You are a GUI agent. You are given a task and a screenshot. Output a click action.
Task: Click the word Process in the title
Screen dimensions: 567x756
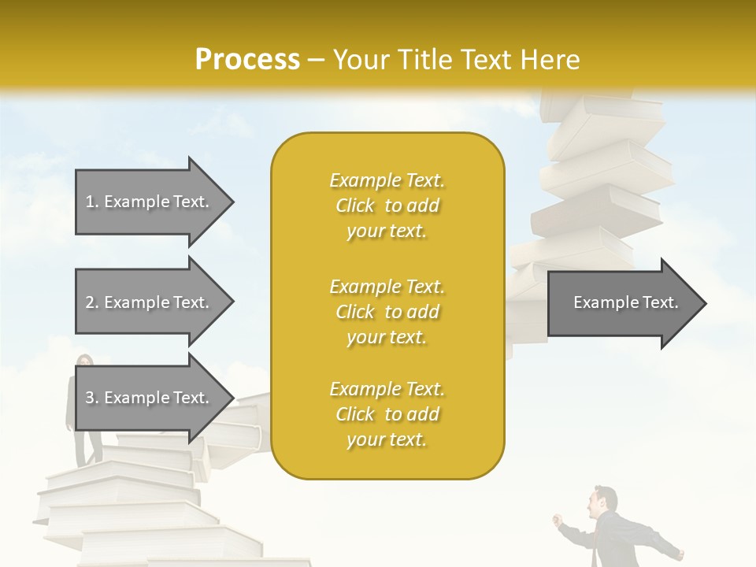[247, 60]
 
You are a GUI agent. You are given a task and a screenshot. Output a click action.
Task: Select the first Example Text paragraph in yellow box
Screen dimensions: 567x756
[387, 206]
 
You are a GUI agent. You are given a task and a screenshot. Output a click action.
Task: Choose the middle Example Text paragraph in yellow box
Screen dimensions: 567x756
[387, 312]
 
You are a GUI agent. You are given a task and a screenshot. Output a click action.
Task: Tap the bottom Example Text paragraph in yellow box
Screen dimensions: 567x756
[387, 414]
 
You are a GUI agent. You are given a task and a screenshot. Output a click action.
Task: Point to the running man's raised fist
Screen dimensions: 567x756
[558, 520]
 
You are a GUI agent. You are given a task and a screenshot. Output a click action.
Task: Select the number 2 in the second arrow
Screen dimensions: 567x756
[90, 302]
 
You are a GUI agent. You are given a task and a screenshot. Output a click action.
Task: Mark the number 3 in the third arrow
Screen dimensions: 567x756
[90, 398]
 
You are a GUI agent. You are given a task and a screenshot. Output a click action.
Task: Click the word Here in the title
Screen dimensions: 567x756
[550, 60]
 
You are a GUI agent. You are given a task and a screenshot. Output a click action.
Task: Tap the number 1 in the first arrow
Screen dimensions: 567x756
[90, 202]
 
